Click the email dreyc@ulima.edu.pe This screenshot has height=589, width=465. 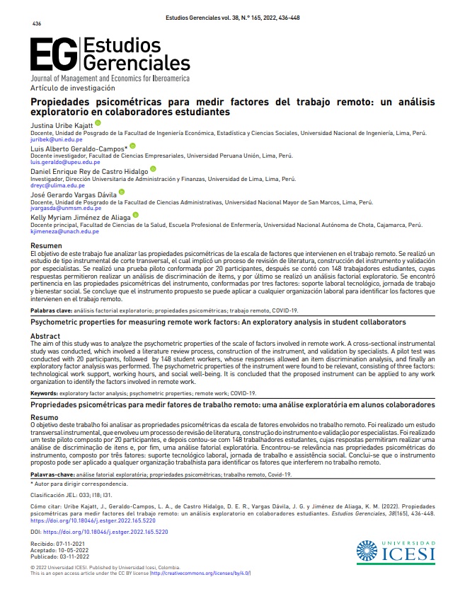point(52,185)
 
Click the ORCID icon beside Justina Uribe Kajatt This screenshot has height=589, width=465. point(98,124)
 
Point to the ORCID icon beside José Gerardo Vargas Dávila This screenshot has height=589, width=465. point(122,192)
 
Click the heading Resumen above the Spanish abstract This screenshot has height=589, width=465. point(45,245)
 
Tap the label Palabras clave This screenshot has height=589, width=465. point(52,310)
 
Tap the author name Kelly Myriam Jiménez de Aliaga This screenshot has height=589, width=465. point(79,217)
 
